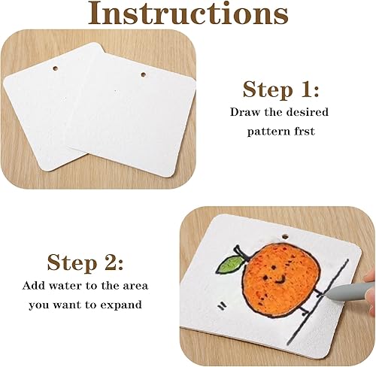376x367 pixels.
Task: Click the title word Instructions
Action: [188, 13]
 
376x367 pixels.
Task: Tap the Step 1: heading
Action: [280, 89]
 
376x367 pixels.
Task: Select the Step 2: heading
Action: [85, 262]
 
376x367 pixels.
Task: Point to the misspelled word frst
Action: [305, 131]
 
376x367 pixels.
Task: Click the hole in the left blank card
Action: [55, 68]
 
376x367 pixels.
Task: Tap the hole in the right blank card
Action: [144, 74]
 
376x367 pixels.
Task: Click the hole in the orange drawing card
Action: [285, 236]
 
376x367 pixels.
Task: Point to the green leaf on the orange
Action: [230, 264]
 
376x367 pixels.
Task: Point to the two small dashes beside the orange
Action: [222, 306]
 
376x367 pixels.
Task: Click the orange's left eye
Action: [265, 278]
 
